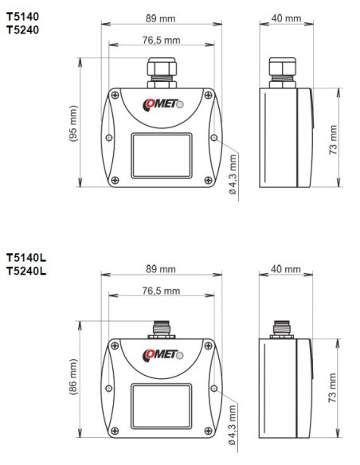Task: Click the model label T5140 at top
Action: (x=22, y=14)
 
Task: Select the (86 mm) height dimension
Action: (x=75, y=380)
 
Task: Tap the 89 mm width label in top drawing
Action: (x=164, y=18)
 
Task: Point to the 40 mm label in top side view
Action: (x=286, y=18)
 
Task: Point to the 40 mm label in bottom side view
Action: (x=286, y=271)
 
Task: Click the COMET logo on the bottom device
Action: (x=162, y=354)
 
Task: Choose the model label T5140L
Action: (x=26, y=258)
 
